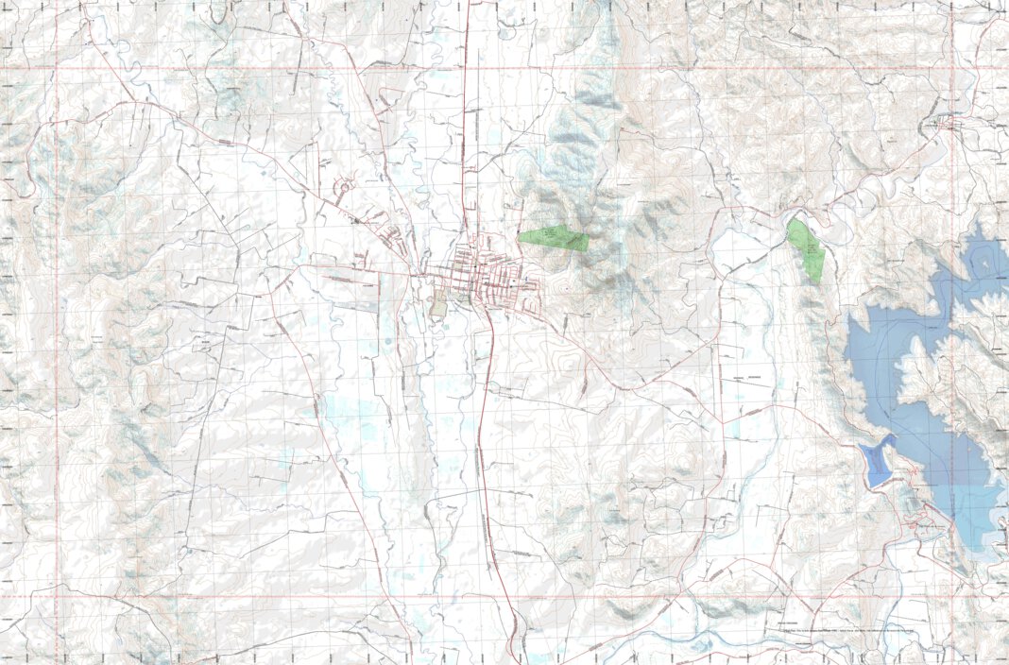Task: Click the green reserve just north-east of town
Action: (554, 239)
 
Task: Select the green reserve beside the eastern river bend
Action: (808, 251)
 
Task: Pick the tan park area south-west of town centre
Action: (437, 306)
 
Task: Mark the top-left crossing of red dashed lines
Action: (57, 69)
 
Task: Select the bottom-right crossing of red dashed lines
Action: (953, 596)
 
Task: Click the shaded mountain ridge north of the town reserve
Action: (576, 142)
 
